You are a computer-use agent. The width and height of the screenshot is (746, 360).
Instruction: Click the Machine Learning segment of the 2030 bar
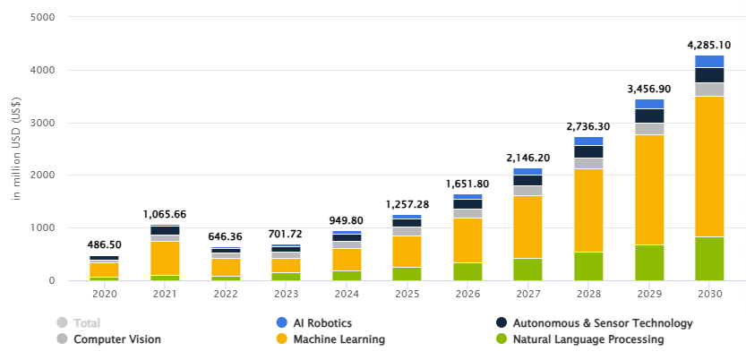709,166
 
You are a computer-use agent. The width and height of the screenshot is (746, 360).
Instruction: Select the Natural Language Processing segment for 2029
649,262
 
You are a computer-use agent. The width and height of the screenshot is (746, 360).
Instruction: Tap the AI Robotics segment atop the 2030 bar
709,62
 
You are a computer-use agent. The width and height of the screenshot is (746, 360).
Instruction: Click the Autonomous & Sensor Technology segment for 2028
588,151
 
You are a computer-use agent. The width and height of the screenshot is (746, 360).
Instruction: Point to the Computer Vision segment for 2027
527,191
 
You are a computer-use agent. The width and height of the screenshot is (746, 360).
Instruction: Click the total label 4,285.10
709,45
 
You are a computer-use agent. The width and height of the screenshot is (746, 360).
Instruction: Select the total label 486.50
104,244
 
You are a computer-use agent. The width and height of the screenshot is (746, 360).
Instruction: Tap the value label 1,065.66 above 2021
164,214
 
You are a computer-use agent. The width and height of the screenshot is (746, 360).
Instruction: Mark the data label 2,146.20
527,158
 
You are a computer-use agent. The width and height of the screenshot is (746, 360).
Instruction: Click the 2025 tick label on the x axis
407,293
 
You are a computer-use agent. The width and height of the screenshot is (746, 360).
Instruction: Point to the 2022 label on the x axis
225,293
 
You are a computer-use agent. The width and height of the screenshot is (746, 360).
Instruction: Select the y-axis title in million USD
17,150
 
